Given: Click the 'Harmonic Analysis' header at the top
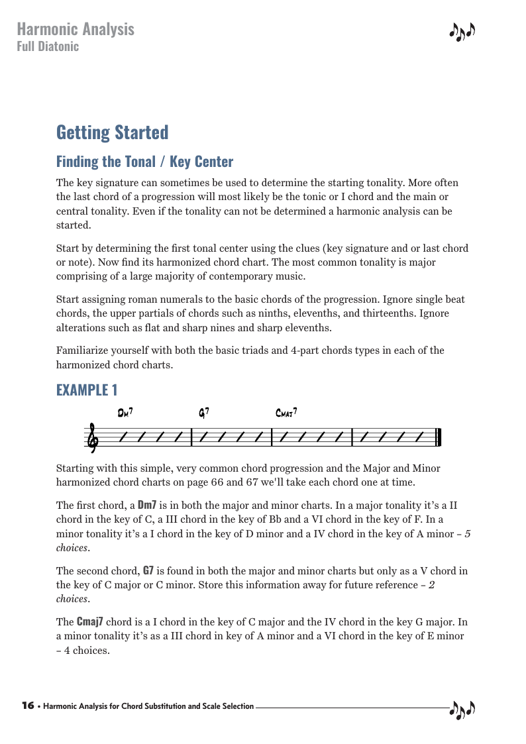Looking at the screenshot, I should tap(76, 29).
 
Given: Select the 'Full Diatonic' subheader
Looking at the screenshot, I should tap(48, 46).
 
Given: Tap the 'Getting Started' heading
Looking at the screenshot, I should tap(113, 132).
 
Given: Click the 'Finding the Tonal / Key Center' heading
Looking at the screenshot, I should tap(144, 162).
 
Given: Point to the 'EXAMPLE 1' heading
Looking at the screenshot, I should tap(87, 390).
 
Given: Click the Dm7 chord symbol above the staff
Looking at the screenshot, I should tap(125, 413).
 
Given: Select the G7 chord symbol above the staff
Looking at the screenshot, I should tap(205, 413).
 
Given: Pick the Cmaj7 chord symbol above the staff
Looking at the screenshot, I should tap(286, 413).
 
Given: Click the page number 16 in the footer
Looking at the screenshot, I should tap(28, 706).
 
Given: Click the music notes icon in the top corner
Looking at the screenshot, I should tap(462, 31).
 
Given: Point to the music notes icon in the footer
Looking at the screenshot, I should tap(462, 710).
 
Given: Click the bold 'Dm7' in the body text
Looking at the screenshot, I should tap(147, 505).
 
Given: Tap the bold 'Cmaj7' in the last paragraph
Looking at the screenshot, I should tap(89, 622).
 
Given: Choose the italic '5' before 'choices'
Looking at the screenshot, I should tap(467, 535).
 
